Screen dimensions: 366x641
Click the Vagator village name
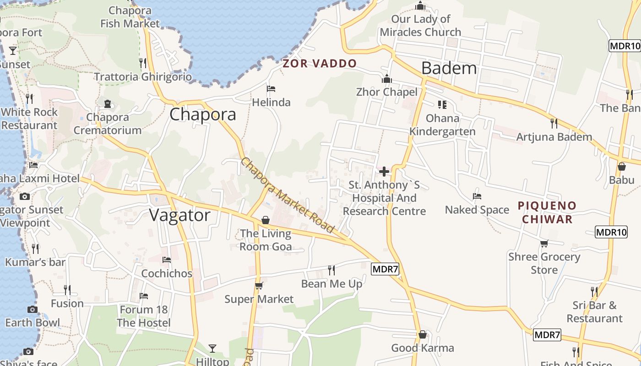coord(180,215)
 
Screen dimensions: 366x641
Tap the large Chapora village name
coord(203,114)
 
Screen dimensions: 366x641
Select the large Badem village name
coord(449,68)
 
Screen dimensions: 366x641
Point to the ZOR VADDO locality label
coord(320,64)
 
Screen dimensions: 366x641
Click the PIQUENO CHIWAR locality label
coord(547,212)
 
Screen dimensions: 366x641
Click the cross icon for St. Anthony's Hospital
coord(384,172)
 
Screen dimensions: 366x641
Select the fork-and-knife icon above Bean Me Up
coord(332,270)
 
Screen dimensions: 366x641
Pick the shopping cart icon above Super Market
coord(259,286)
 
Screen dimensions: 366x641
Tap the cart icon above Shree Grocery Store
coord(544,243)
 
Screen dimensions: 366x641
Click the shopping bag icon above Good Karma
coord(423,335)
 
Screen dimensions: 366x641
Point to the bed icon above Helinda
coord(271,88)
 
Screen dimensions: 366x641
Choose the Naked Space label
coord(477,210)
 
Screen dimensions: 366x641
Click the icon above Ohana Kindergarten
coord(442,105)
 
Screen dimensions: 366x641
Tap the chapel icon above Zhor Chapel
coord(387,79)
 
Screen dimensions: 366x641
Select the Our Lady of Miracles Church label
coord(420,26)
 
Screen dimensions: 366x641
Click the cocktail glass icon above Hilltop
coord(212,349)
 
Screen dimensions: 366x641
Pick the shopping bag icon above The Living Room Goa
coord(265,221)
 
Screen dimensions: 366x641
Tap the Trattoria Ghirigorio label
coord(143,76)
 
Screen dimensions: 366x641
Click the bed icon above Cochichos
coord(167,260)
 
